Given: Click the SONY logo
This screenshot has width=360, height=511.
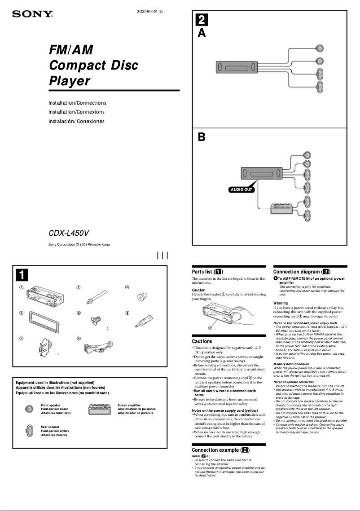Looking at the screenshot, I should point(32,14).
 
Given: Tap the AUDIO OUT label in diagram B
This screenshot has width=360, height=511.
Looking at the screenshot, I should point(241,189).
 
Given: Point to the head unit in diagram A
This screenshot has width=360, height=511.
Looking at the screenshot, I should point(237,67).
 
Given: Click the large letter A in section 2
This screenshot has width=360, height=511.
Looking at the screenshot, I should point(202,33).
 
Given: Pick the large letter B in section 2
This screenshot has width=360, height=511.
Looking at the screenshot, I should point(202,137).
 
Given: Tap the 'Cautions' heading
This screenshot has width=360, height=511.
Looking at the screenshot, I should point(202,341).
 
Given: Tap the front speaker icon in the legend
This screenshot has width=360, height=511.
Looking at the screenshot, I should point(29,409).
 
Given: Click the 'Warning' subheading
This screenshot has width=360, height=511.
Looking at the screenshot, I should point(281,303).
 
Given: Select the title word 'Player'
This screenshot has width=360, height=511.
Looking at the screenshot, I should point(70,81).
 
